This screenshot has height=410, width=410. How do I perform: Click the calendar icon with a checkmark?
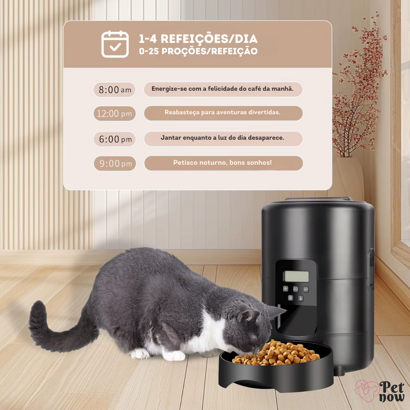(115, 44)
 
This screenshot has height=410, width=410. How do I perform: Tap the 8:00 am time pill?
(115, 90)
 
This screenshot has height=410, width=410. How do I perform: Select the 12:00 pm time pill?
(115, 114)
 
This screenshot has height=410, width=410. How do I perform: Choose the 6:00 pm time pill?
(115, 139)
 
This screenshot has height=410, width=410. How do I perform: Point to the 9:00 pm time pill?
(115, 163)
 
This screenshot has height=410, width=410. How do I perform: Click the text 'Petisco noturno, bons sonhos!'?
(222, 162)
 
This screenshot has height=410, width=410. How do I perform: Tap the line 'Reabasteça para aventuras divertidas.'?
(222, 112)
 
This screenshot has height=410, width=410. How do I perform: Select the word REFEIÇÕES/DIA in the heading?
(209, 39)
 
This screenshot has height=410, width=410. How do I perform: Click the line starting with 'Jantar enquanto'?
(222, 138)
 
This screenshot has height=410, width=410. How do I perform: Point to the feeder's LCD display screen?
(296, 276)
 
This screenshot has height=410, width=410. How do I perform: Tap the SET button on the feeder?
(306, 289)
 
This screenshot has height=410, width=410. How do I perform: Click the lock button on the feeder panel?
(290, 298)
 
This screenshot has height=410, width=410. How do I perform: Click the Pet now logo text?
(391, 391)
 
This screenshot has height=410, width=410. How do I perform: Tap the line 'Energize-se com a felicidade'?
(222, 89)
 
